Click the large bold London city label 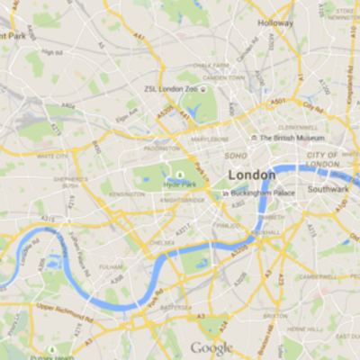click(x=251, y=174)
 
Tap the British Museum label click(x=292, y=138)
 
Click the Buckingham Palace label click(x=264, y=193)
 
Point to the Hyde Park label click(x=179, y=183)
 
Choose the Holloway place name click(x=275, y=22)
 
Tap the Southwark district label click(x=328, y=189)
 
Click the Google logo click(x=211, y=348)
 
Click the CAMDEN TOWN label click(x=223, y=78)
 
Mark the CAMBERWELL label click(x=317, y=276)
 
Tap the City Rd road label click(x=313, y=107)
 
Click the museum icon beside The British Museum click(x=253, y=138)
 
